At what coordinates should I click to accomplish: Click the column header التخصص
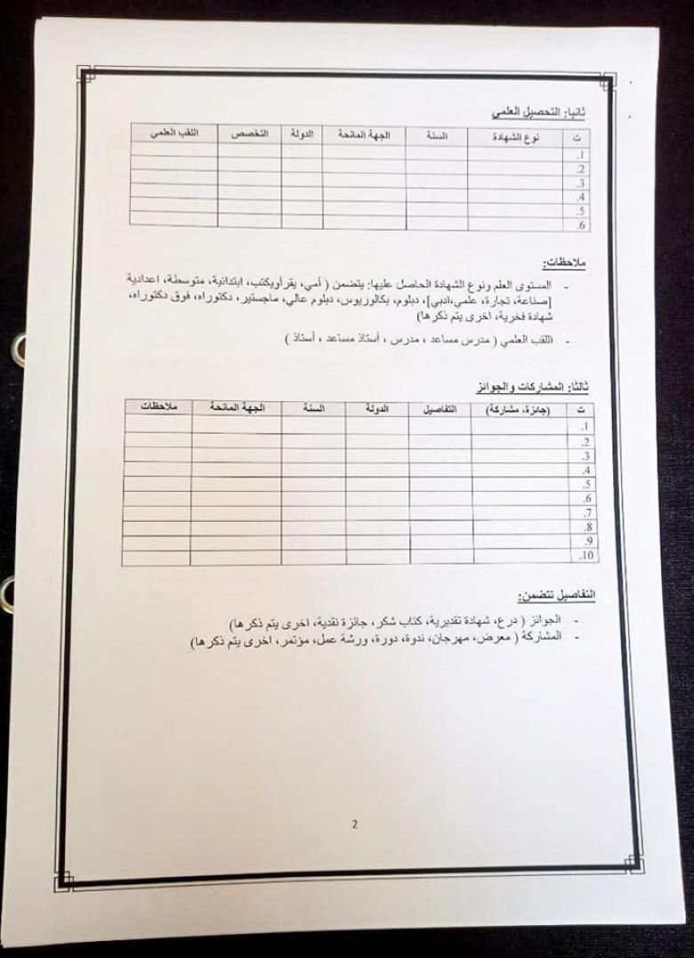pyautogui.click(x=250, y=133)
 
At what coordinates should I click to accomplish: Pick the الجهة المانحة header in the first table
pyautogui.click(x=364, y=135)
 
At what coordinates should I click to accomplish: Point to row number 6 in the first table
pyautogui.click(x=580, y=226)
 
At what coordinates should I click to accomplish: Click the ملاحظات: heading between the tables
pyautogui.click(x=570, y=264)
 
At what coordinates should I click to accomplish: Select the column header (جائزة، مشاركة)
pyautogui.click(x=518, y=410)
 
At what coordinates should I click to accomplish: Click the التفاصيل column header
pyautogui.click(x=440, y=409)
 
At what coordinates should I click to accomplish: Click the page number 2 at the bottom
pyautogui.click(x=354, y=824)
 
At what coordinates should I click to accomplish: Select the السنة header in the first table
pyautogui.click(x=436, y=136)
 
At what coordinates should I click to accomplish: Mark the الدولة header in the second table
pyautogui.click(x=377, y=408)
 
